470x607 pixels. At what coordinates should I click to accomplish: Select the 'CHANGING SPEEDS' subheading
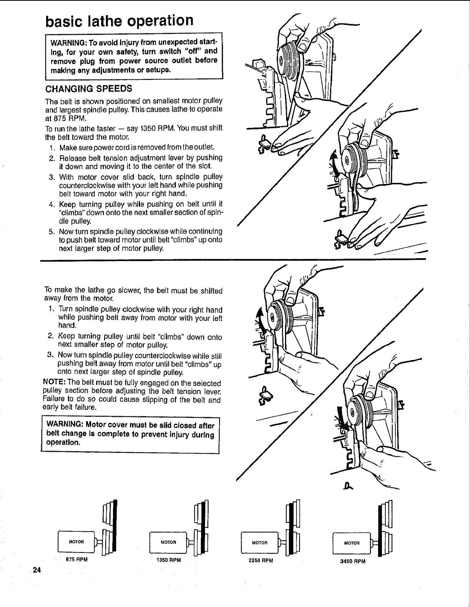pos(88,89)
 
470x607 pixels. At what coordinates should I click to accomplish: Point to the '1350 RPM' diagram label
pos(169,560)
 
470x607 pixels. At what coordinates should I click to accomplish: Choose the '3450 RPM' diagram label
pos(353,561)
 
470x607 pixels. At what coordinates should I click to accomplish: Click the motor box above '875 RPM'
pos(76,542)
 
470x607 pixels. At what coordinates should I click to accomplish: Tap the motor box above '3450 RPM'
pos(352,543)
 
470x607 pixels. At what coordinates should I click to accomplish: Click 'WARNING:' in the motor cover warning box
pos(63,425)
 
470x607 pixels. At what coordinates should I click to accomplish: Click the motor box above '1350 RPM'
pos(168,542)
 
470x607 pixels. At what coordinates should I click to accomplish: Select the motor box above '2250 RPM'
pos(260,542)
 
